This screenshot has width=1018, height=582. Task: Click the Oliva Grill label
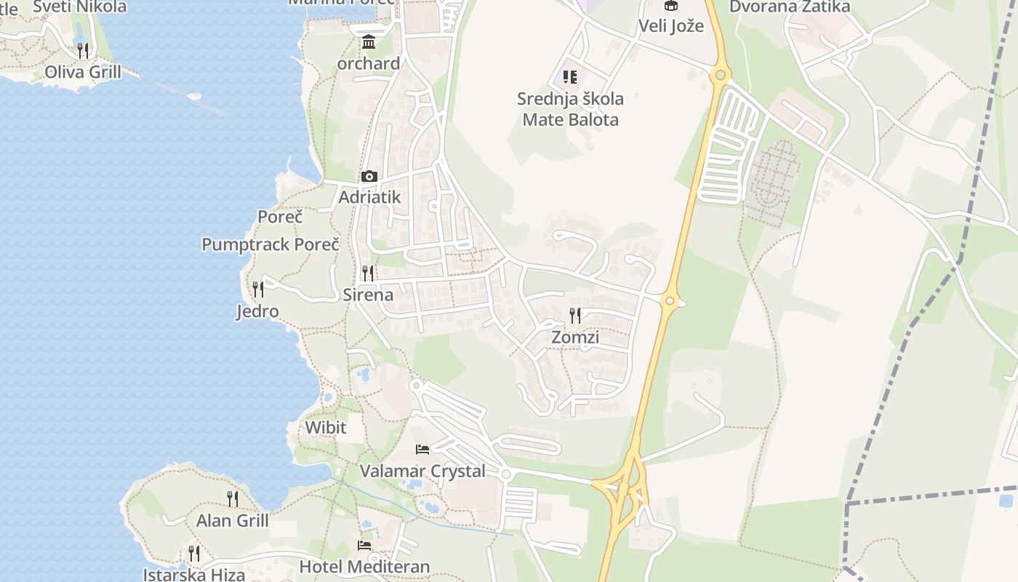[83, 72]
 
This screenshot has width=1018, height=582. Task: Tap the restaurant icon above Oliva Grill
[83, 50]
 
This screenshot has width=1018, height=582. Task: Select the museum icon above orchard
[369, 42]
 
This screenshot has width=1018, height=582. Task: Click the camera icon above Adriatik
[369, 176]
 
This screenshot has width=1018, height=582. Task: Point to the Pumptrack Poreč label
[270, 244]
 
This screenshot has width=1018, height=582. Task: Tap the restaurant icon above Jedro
[258, 290]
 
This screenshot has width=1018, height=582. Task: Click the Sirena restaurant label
[368, 295]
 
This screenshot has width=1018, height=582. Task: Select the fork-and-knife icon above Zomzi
[575, 315]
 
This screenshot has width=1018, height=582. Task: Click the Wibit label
[326, 427]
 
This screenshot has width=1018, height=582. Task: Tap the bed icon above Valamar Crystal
[422, 449]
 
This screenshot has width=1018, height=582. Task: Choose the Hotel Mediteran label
[365, 566]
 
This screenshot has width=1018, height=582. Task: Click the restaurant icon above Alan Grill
[233, 498]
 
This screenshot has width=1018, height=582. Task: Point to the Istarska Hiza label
[194, 575]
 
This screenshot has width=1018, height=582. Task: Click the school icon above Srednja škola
[570, 76]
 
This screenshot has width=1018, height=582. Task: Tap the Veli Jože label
[671, 26]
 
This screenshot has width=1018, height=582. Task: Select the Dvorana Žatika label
[790, 7]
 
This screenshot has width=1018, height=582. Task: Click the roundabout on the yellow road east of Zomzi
[670, 300]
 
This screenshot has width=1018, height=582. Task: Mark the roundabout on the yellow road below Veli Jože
[720, 73]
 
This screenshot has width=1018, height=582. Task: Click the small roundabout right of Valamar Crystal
[506, 474]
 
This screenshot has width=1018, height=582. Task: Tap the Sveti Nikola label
[80, 7]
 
